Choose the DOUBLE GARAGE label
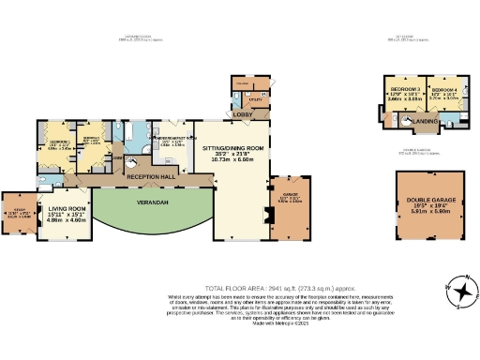tap(427, 200)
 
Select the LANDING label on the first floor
tap(427, 120)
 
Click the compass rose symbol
tap(460, 295)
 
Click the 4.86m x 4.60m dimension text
tap(67, 219)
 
